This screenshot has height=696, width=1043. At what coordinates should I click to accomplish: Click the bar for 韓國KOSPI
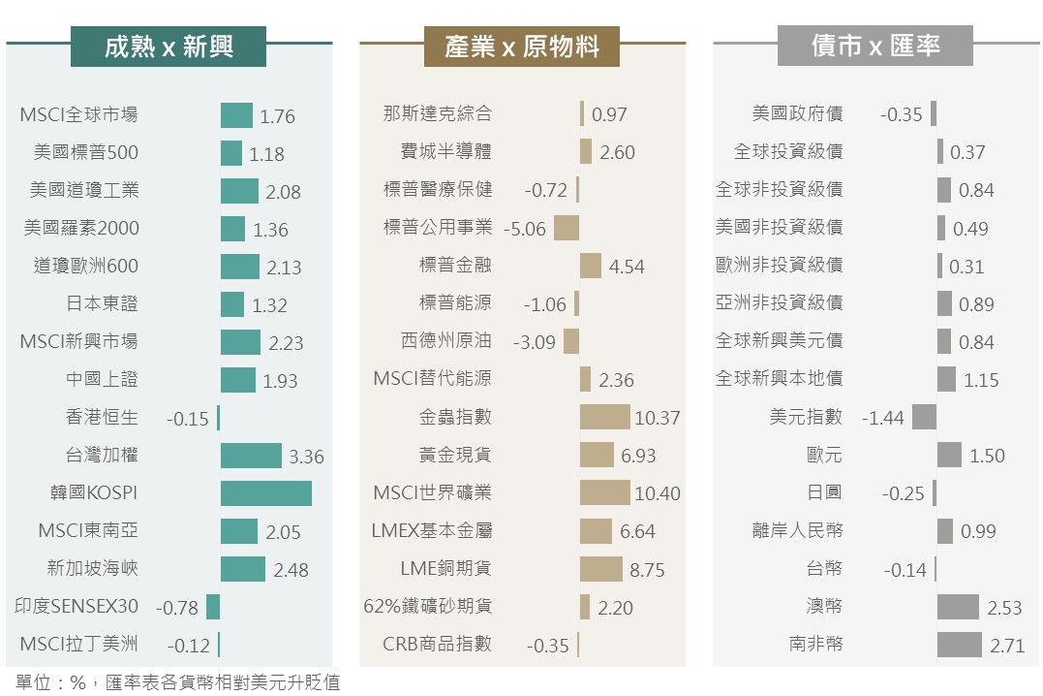pos(265,492)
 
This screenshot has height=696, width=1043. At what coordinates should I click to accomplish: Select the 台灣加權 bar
pos(251,456)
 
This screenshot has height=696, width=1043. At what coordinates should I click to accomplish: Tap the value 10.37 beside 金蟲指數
pos(658,419)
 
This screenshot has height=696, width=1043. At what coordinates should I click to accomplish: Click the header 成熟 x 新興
pos(169,47)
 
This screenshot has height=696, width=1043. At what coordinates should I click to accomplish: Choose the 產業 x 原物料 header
pos(522,47)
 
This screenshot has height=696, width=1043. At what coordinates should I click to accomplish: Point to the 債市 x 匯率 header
pos(874,47)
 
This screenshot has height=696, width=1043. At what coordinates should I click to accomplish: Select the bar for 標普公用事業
pos(567,228)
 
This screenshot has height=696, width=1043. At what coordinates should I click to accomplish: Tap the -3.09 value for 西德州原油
pos(534,342)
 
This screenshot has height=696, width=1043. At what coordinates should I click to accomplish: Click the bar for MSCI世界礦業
pos(604,492)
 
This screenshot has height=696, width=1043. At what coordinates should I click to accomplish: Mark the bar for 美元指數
pos(924,417)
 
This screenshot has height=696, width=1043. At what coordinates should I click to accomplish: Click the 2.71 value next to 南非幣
pos(1005,646)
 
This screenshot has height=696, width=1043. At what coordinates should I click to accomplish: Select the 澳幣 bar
pos(958,607)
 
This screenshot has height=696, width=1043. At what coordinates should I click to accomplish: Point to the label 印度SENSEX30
pos(77,607)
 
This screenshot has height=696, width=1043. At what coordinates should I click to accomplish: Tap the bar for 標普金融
pos(590,266)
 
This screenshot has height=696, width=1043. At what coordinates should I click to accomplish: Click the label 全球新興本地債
pos(779,379)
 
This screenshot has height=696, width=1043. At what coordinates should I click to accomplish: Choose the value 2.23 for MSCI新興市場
pos(286,343)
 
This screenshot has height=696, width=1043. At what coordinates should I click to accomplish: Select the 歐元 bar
pos(949,455)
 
